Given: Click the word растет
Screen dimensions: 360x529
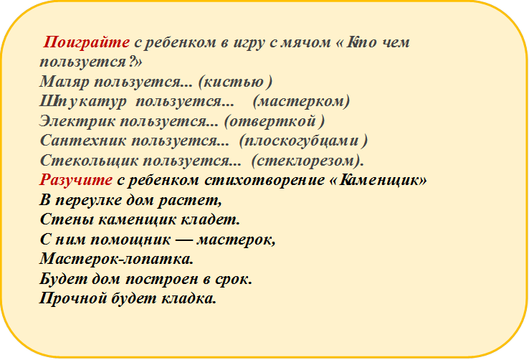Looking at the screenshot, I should coord(197,199).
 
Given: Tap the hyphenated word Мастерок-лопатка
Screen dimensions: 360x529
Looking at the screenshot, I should coord(117,258).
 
